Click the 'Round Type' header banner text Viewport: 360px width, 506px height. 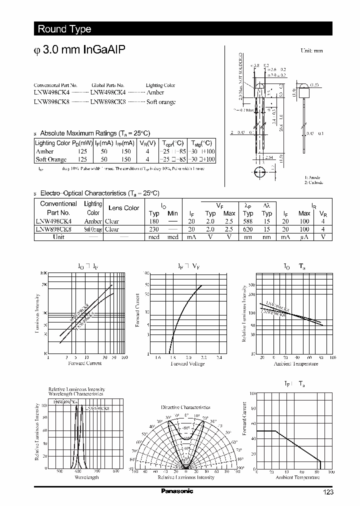click(64, 29)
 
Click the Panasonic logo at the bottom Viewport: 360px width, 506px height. click(176, 491)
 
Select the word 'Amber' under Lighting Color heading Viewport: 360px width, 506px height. click(155, 93)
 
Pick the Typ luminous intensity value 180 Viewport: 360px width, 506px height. click(154, 221)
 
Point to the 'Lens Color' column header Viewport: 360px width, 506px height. click(123, 208)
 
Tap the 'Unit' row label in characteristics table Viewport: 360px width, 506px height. click(58, 237)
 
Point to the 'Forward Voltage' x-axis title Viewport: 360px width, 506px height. click(187, 363)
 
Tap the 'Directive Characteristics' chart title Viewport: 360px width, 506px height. click(185, 407)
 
